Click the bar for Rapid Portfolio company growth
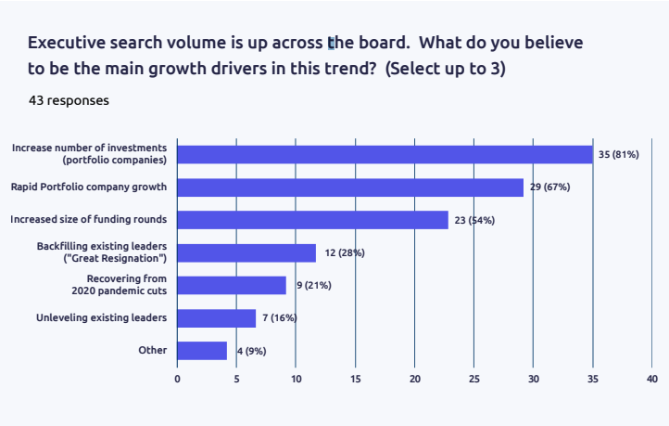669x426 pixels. click(x=350, y=187)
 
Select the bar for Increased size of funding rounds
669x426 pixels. click(x=312, y=220)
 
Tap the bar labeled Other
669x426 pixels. click(x=202, y=351)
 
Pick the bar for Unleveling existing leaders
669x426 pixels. click(x=216, y=318)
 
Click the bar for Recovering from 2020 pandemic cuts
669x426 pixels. click(x=232, y=285)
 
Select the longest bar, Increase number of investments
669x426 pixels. click(x=385, y=154)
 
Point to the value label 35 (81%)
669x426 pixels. click(x=618, y=154)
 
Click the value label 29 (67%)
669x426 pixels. click(x=549, y=187)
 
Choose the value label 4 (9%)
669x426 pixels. click(x=251, y=351)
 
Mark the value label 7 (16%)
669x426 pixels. click(x=279, y=318)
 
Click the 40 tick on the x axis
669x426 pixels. click(x=652, y=379)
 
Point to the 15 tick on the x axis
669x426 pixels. click(x=355, y=379)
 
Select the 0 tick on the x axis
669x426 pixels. click(x=177, y=379)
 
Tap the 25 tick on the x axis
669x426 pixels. click(x=473, y=379)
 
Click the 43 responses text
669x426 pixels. click(x=69, y=100)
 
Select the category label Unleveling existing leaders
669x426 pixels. click(x=89, y=318)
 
